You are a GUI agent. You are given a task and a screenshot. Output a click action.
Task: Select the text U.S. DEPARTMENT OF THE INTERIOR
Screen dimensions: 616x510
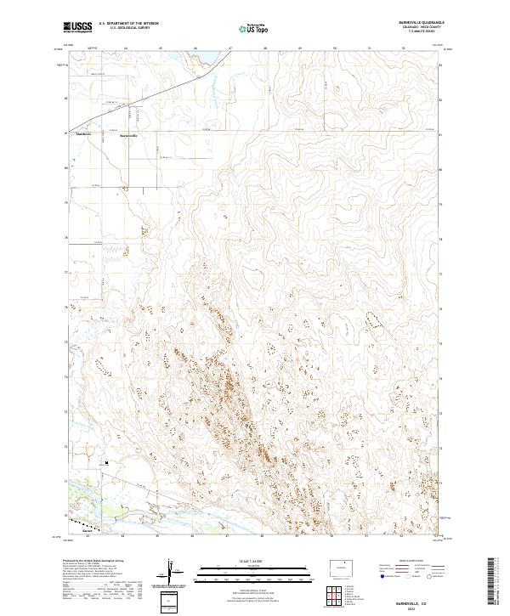point(127,24)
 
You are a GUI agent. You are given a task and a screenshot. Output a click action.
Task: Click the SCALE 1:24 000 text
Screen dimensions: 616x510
point(255,562)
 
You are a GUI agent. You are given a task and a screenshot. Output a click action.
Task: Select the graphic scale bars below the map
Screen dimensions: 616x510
point(255,574)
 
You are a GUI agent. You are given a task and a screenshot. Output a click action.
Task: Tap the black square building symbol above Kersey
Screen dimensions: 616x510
point(106,463)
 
